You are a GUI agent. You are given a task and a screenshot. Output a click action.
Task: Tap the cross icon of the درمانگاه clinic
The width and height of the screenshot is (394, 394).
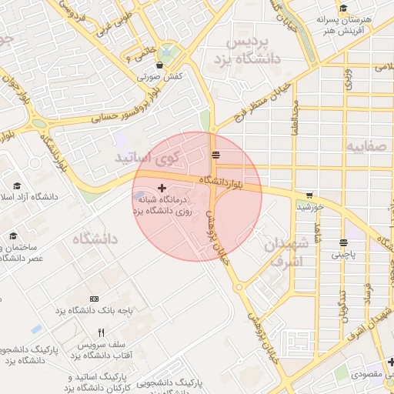point(161,188)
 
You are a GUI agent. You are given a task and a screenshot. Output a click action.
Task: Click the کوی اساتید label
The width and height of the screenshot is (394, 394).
point(146,158)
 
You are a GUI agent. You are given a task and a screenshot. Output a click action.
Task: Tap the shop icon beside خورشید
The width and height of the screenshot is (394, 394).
point(309,195)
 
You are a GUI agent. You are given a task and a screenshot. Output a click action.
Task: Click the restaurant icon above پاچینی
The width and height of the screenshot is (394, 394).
point(342,243)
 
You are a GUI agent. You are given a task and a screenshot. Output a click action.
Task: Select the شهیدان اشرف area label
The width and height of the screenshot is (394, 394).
point(285,253)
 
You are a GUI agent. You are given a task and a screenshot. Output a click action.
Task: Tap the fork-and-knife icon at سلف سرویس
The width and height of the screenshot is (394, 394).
point(101,334)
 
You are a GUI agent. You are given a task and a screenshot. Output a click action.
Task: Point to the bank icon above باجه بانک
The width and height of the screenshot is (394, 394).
point(94,299)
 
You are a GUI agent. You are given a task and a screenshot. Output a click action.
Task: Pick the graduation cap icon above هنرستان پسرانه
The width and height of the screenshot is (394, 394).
point(343,8)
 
